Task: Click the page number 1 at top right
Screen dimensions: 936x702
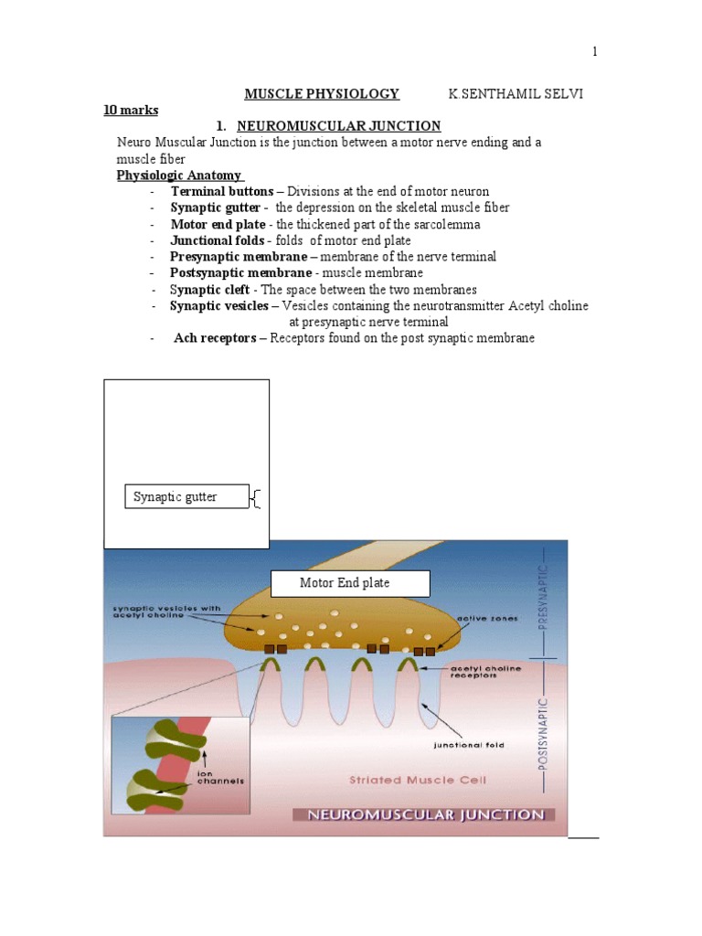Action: point(595,51)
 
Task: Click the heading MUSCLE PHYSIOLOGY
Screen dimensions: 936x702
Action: point(322,93)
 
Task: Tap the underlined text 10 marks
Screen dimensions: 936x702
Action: point(131,110)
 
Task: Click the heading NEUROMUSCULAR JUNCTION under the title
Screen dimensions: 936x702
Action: point(338,126)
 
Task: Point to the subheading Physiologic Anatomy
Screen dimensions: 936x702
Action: point(179,175)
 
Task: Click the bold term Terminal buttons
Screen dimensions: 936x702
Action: point(221,192)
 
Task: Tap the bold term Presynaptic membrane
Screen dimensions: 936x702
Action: point(239,257)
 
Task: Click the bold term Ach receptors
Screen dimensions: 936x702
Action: point(216,338)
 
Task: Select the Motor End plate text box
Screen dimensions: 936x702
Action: point(336,583)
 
